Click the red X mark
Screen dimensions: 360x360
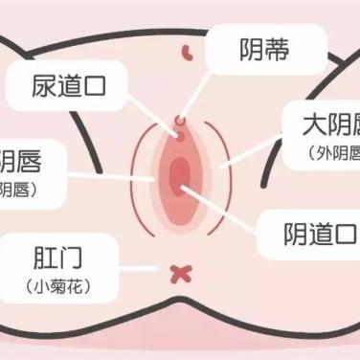(178, 274)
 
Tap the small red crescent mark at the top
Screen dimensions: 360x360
(189, 47)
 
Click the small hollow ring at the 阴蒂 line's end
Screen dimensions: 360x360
(178, 121)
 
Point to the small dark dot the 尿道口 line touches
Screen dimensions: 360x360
(176, 136)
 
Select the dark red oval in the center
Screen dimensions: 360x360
(179, 175)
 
